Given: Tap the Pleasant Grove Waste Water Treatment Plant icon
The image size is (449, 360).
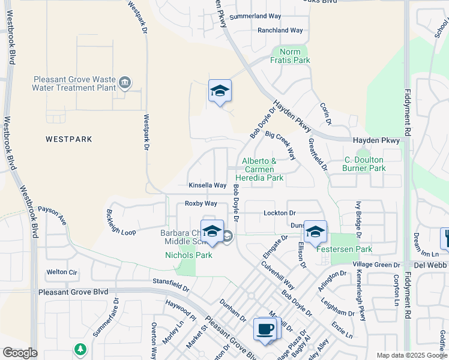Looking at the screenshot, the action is pos(125,83).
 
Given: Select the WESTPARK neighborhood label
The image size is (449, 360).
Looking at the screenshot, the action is pos(69,139).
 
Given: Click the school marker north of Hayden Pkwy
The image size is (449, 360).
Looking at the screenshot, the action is pos(220,91).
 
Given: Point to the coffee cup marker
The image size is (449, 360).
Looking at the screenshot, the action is pos(265,329).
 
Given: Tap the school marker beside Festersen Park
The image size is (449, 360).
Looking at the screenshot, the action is pos(315,232).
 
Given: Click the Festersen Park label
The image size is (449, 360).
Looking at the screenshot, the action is pos(349,249).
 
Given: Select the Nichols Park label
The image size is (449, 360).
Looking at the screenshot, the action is pos(188,255).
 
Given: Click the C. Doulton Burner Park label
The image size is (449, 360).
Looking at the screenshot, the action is pos(364,164).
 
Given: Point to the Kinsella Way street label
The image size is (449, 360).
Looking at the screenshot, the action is pos(207,185).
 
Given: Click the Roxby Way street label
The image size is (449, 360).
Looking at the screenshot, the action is pos(200,204).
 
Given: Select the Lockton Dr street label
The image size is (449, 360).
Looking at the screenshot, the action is pos(280,213).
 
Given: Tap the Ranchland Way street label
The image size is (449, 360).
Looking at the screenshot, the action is pos(280,30).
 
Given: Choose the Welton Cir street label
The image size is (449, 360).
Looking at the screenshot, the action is pos(62,272).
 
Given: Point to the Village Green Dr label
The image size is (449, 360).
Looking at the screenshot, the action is pos(376,265).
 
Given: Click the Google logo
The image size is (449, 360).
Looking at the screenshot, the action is pos(20,353).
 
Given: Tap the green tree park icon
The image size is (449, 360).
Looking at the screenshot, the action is pos(80,349).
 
